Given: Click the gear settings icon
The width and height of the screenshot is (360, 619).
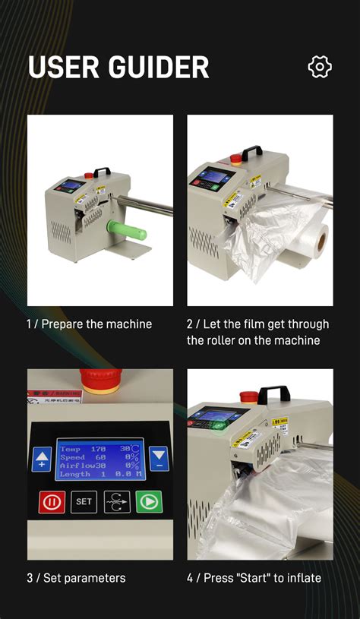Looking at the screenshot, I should coord(320,67).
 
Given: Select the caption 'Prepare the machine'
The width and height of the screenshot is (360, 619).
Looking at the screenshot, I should coord(96,324).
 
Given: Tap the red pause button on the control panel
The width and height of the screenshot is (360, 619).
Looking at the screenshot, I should coord(52,501).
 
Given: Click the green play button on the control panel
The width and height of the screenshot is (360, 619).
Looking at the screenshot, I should coord(149,501).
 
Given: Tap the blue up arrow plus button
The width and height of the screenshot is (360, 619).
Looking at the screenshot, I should coord(42,459).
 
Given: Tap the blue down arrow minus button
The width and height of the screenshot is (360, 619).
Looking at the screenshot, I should coord(159,458).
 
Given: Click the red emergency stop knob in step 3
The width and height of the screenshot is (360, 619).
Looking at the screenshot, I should coord(101,379).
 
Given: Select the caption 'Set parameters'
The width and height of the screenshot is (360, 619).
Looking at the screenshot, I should coord(84,578).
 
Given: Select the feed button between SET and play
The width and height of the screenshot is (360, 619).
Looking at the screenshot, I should coord(116,501).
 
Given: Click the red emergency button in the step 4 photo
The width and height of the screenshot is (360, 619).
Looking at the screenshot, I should coord(248,396).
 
